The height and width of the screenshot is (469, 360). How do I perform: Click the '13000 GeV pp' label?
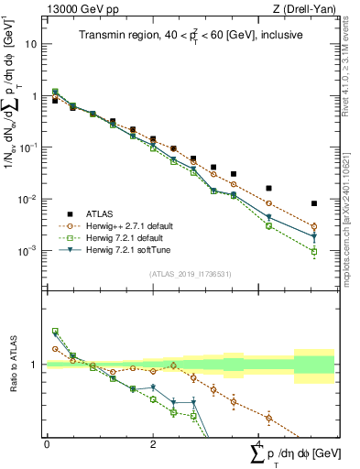click(x=78, y=10)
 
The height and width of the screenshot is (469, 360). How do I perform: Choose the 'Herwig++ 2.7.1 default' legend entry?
click(x=128, y=224)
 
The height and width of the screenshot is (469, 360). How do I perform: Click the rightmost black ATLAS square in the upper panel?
click(x=314, y=203)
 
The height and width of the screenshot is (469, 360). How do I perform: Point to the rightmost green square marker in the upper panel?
click(x=314, y=251)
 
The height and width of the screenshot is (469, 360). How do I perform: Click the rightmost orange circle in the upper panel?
click(x=314, y=226)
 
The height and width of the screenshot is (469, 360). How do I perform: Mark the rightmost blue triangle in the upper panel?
click(x=314, y=237)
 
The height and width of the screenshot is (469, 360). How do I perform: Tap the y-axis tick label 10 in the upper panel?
click(x=33, y=44)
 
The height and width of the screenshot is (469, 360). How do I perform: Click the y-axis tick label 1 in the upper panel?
click(x=35, y=95)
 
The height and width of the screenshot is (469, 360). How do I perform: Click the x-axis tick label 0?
click(x=48, y=442)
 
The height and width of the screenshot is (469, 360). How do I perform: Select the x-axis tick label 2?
click(x=152, y=442)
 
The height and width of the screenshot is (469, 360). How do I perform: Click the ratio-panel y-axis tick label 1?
click(x=35, y=365)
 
